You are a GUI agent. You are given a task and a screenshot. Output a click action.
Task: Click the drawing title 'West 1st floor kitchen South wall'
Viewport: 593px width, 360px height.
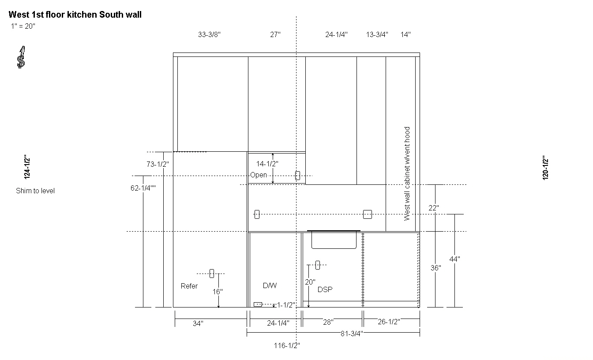click(x=75, y=15)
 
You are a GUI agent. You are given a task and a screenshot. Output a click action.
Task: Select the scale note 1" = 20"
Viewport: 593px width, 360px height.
click(x=23, y=26)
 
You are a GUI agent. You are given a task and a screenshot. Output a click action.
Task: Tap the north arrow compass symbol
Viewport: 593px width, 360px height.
click(x=21, y=57)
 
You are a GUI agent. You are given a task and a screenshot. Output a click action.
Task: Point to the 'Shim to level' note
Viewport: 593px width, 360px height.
click(x=35, y=191)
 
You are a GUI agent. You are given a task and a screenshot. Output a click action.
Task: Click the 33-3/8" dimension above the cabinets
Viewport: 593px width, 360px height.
click(x=209, y=35)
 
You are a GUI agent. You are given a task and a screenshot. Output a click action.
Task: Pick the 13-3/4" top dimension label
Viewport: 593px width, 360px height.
click(x=377, y=35)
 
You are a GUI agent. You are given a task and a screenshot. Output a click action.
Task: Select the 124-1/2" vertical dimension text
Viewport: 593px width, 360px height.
click(x=27, y=167)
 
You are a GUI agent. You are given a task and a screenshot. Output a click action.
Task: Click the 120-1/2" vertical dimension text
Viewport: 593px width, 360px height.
click(x=545, y=168)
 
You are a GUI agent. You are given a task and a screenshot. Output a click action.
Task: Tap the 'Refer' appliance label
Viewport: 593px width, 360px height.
click(x=189, y=286)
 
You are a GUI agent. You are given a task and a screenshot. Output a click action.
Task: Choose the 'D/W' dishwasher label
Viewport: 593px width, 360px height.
click(x=270, y=285)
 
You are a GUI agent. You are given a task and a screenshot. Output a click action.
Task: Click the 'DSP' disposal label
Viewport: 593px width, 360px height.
click(x=325, y=289)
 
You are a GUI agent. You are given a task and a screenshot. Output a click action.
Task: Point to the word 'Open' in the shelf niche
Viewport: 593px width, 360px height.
click(x=259, y=175)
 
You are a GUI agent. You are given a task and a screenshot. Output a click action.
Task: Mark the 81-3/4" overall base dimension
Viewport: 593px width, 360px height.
click(x=352, y=334)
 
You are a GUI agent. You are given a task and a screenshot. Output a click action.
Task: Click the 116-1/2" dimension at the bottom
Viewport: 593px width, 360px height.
click(x=287, y=345)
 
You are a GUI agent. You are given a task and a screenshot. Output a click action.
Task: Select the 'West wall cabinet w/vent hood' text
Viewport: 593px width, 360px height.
click(x=407, y=174)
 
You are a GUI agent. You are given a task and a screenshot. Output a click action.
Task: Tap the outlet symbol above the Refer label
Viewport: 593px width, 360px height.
click(x=211, y=274)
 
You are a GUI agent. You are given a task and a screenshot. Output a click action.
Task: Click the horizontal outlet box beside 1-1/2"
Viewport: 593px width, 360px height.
click(x=258, y=304)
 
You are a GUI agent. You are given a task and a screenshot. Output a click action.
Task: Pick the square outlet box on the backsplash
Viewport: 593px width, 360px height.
click(x=368, y=214)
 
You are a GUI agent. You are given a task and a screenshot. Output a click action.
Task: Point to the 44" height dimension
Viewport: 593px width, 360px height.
click(x=454, y=259)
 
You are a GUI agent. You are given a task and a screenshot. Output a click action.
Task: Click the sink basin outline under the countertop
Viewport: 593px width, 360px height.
click(x=334, y=248)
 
